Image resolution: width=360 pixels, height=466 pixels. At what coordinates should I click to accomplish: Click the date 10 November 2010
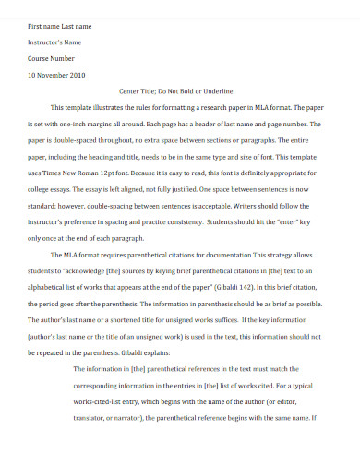(56, 75)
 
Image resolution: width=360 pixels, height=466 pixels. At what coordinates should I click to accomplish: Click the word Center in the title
(132, 91)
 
